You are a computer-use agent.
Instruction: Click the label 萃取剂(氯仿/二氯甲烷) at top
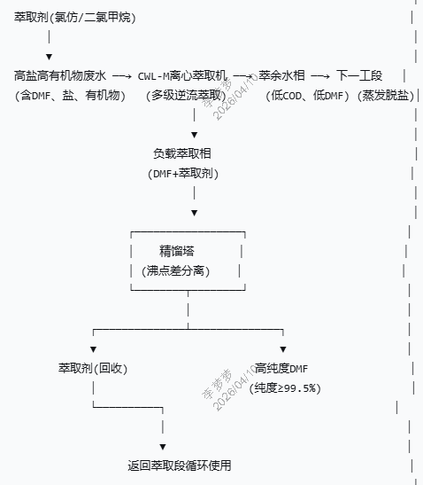click(75, 17)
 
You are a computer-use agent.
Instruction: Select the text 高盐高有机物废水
click(60, 76)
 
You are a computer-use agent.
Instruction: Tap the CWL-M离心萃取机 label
click(183, 76)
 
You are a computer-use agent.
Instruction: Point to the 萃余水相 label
click(282, 76)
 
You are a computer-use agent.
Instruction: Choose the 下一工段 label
click(359, 76)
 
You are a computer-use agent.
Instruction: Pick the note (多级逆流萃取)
click(184, 96)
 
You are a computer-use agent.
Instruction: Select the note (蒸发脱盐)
click(385, 96)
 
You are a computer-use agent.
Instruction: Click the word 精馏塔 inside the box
click(177, 250)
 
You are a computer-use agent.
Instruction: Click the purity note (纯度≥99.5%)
click(286, 387)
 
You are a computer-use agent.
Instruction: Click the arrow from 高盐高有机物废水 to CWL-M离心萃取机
click(122, 76)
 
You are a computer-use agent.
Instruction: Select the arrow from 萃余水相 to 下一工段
click(321, 76)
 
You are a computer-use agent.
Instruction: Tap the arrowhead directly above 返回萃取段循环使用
click(163, 446)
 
